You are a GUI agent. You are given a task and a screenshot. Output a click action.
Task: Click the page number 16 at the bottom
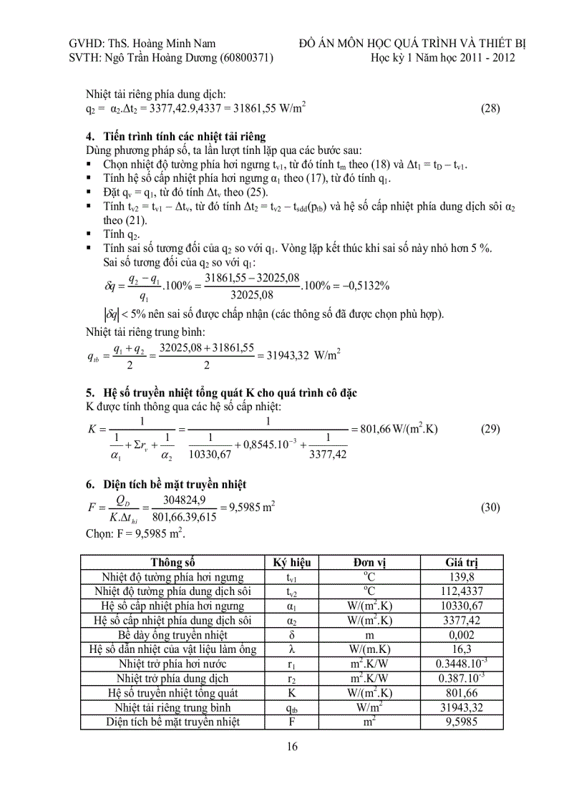point(292,747)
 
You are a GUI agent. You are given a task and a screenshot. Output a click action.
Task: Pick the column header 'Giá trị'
point(462,563)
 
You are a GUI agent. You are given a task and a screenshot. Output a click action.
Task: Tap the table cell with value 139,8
point(462,577)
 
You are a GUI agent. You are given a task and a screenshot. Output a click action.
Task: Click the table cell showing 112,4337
point(462,591)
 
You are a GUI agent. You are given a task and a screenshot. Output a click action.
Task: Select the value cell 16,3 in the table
point(462,649)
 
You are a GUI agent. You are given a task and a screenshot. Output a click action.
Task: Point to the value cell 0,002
point(462,635)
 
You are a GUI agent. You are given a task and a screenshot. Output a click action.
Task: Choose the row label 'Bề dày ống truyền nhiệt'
point(172,635)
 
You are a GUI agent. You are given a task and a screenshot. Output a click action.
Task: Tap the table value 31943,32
point(462,707)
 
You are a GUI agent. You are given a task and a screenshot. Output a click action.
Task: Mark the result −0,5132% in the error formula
point(362,285)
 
